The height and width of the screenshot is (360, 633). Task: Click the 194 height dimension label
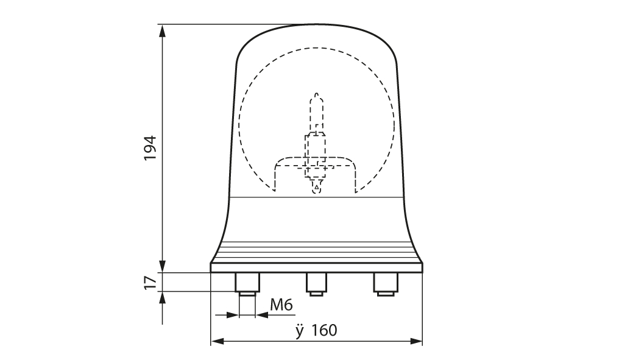(150, 147)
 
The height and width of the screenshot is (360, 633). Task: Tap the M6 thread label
(281, 305)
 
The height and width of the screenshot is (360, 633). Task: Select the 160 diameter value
(324, 330)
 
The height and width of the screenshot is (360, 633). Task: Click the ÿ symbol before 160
(299, 331)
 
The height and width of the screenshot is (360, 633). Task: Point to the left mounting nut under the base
(247, 282)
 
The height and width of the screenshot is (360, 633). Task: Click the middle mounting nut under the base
(316, 282)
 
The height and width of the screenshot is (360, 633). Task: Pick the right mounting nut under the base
(386, 282)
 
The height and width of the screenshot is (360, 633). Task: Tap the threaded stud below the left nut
(247, 294)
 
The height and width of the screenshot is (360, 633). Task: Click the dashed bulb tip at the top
(317, 96)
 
